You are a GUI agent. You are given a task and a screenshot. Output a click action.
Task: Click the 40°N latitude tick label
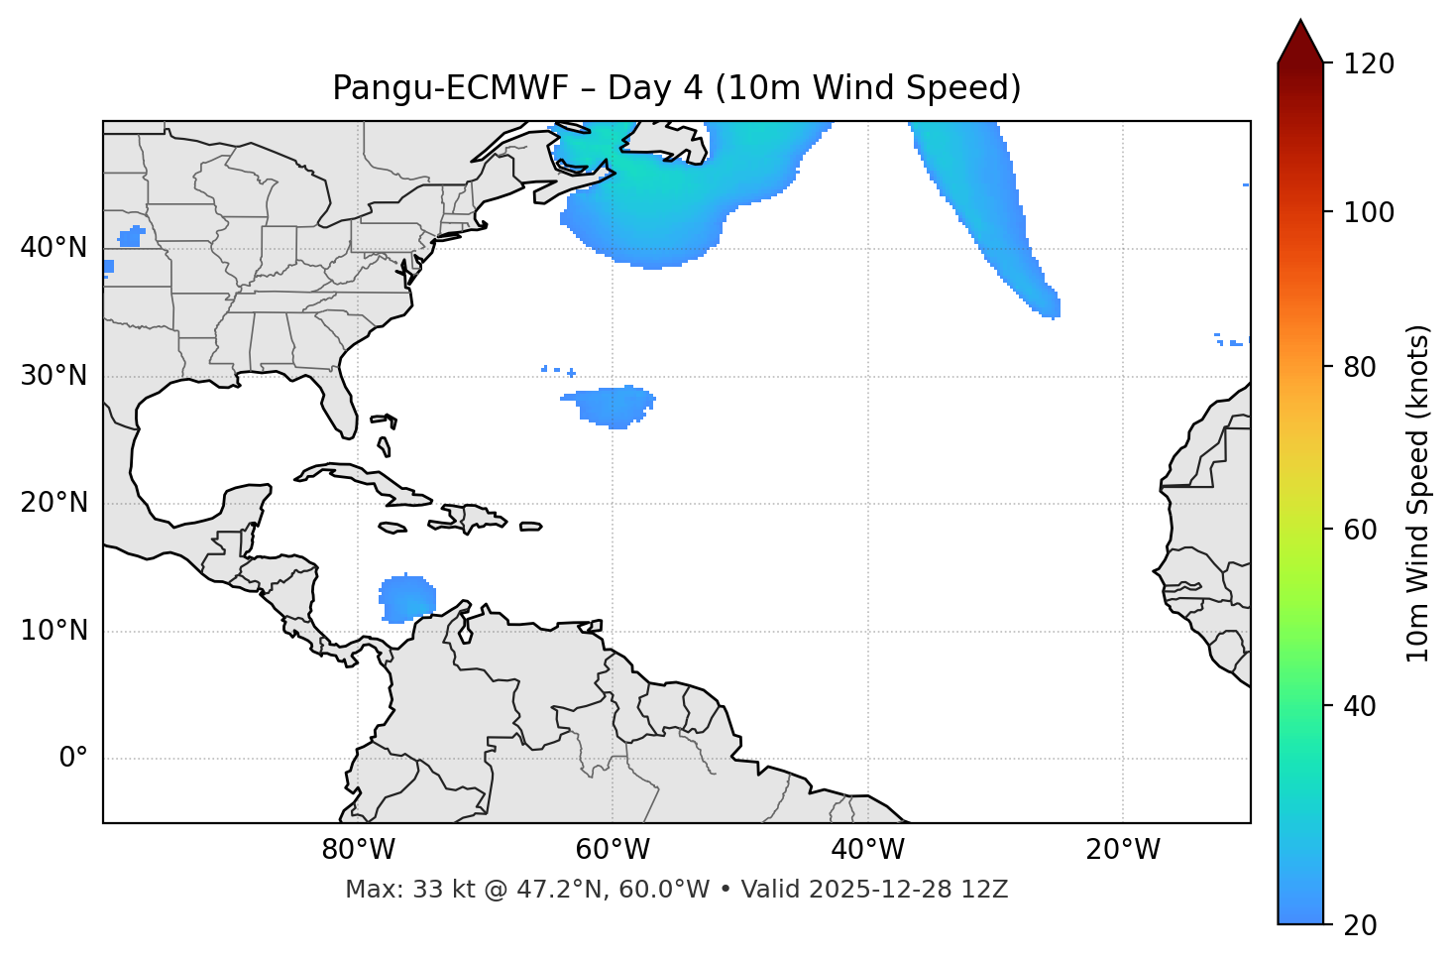pyautogui.click(x=54, y=248)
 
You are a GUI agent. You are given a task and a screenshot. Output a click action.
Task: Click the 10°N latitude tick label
pyautogui.click(x=54, y=631)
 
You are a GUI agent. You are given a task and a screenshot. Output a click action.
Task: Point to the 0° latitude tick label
pyautogui.click(x=72, y=759)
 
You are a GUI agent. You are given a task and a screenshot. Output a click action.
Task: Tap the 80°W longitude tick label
pyautogui.click(x=358, y=850)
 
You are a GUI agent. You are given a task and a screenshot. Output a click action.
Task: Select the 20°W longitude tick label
pyautogui.click(x=1123, y=850)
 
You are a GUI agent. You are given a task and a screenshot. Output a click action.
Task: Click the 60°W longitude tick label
pyautogui.click(x=613, y=850)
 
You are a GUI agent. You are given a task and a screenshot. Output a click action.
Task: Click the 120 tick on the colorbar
pyautogui.click(x=1369, y=64)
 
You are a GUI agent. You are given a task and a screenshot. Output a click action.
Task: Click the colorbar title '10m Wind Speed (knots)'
pyautogui.click(x=1418, y=493)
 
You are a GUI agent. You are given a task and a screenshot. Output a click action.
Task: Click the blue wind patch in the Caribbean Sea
pyautogui.click(x=406, y=599)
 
